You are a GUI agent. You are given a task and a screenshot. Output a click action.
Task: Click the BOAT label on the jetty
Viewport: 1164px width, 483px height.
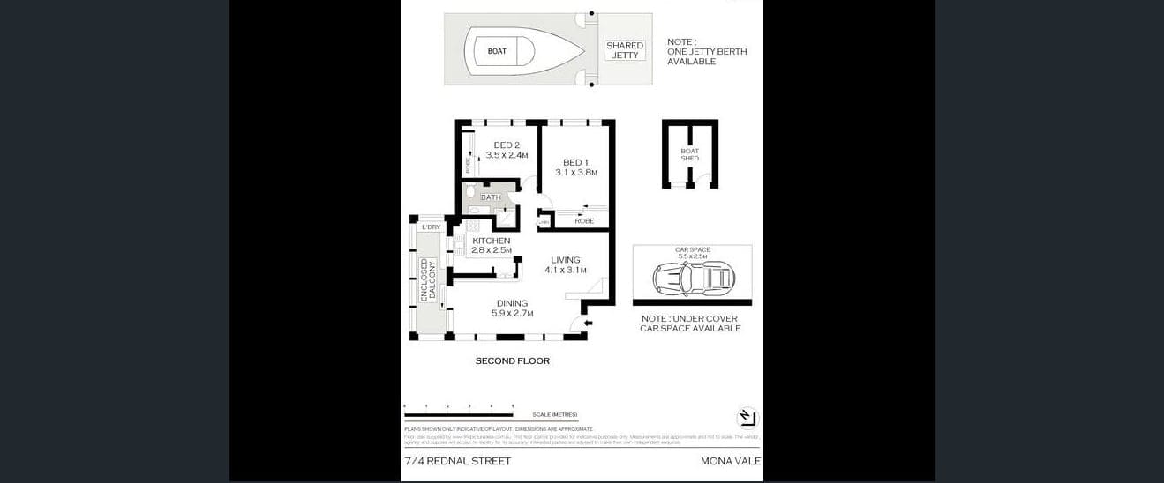497,51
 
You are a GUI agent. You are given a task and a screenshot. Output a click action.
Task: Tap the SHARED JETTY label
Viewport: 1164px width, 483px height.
624,50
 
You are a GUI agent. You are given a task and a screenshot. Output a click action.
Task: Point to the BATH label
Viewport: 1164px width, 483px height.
491,197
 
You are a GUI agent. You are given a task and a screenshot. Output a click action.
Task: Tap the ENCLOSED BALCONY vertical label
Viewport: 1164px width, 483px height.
424,280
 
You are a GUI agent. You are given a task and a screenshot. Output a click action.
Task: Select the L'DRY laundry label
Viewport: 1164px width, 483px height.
431,227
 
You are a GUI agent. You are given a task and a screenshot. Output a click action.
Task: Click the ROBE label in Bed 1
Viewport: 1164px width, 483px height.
584,220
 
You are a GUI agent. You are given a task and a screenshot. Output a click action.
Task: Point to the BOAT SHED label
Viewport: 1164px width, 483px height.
689,154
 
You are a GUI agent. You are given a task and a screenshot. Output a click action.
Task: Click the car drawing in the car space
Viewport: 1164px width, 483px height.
694,279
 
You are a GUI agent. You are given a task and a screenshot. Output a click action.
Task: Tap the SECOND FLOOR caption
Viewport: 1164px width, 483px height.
512,360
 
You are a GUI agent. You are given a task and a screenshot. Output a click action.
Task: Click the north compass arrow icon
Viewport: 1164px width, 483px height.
747,417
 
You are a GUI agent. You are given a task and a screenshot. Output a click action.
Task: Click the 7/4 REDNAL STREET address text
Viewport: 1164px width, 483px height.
457,461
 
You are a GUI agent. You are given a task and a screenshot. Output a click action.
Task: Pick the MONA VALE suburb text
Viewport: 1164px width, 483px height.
730,461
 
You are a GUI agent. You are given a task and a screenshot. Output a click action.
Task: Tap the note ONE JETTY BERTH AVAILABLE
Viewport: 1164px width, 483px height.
706,52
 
